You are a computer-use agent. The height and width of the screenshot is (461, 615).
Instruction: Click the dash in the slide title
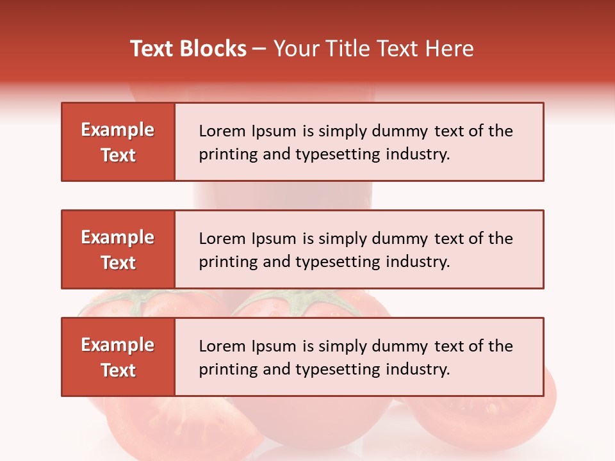tap(259, 49)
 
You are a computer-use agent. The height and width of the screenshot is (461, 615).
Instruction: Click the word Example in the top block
tap(118, 130)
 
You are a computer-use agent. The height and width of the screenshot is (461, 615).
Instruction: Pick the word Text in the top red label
tap(118, 155)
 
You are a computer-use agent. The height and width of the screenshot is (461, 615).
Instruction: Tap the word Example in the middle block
tap(118, 238)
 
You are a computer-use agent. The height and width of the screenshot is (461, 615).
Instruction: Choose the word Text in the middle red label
tap(118, 263)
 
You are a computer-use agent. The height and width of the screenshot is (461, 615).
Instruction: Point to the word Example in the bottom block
tap(118, 345)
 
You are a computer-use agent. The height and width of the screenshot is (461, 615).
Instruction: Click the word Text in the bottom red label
tap(118, 370)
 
